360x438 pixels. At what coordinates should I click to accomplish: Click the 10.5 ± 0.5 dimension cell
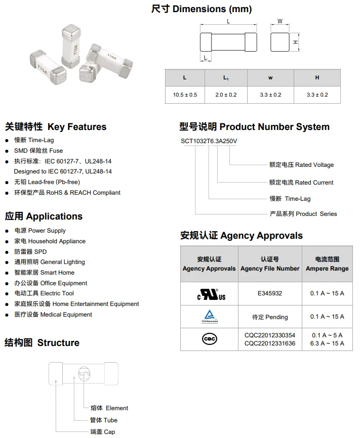click(185, 95)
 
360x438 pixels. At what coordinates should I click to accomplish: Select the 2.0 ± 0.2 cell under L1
click(226, 95)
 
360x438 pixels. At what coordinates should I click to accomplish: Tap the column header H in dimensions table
click(317, 77)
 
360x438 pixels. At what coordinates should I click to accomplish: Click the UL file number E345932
click(270, 293)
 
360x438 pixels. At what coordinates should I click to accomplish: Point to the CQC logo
click(209, 339)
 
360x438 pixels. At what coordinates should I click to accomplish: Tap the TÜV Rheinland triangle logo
click(209, 316)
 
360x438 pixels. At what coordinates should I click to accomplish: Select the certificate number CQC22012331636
click(270, 343)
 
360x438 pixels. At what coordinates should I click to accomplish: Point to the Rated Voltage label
click(302, 164)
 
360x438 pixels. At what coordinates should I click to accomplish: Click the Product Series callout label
click(303, 213)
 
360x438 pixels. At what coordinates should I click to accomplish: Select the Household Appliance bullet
click(50, 241)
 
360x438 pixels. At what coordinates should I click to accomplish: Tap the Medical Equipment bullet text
click(53, 315)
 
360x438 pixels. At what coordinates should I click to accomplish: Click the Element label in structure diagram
click(109, 408)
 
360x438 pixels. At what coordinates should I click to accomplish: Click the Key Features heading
click(56, 127)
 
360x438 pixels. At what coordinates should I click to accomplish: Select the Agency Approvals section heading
click(242, 235)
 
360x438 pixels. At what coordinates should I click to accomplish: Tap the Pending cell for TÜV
click(270, 317)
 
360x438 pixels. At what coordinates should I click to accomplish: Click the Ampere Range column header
click(327, 264)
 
